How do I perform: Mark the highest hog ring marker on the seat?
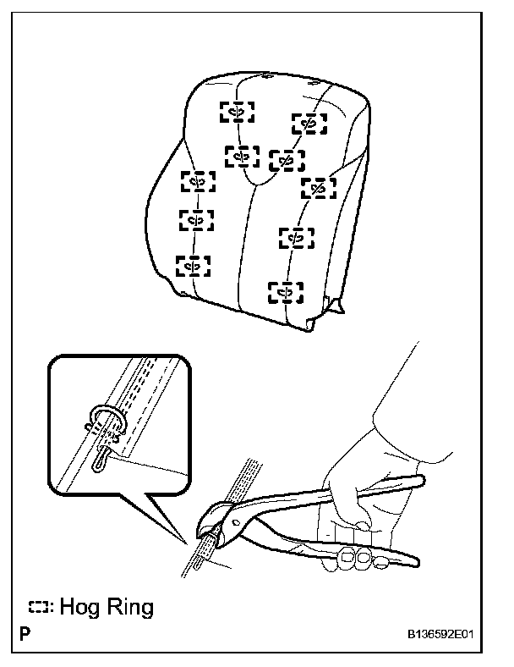(x=238, y=112)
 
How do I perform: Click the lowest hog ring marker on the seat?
(x=286, y=293)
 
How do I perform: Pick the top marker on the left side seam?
(x=198, y=181)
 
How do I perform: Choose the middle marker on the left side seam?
(x=196, y=220)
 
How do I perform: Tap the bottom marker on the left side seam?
(x=192, y=266)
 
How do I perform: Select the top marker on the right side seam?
(x=309, y=124)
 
